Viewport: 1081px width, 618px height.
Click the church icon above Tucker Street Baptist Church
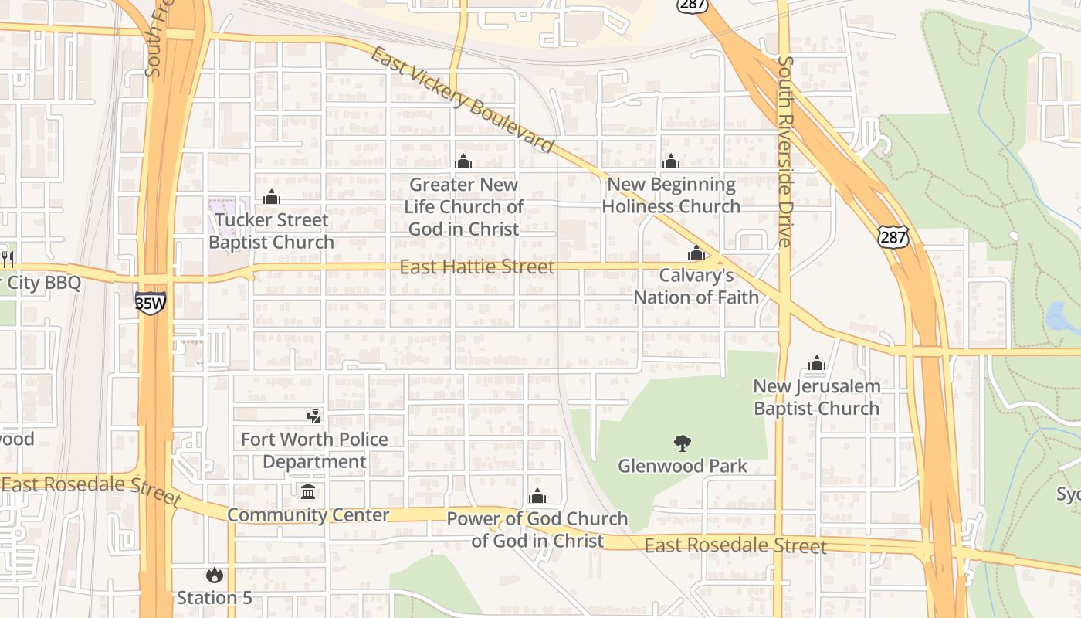[271, 198]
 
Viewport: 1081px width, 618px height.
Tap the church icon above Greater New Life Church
[463, 161]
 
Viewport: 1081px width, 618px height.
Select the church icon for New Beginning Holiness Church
[670, 161]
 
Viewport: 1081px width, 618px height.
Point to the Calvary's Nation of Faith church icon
[696, 253]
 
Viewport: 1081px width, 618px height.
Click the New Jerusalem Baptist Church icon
[816, 363]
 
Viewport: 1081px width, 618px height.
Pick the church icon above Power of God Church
[537, 496]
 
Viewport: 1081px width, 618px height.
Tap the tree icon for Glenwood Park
[682, 443]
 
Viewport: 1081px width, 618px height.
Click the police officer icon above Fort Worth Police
[313, 416]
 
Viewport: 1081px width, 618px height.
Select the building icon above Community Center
[308, 492]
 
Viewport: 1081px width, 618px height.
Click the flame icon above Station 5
[214, 576]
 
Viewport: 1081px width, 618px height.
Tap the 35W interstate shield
[150, 302]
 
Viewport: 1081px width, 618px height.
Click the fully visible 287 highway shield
[893, 236]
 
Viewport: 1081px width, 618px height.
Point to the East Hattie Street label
[476, 267]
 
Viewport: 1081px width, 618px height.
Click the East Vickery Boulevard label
[462, 100]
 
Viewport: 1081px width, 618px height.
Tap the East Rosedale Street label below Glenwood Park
[735, 546]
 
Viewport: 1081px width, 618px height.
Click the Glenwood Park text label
[683, 466]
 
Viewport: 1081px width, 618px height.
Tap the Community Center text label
[308, 515]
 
